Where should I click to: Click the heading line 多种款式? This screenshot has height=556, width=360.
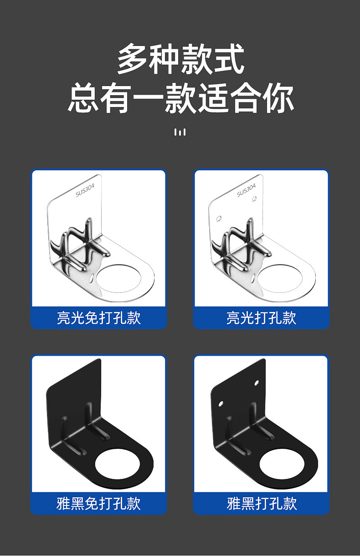click(x=180, y=59)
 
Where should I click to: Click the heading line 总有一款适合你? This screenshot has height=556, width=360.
click(x=180, y=97)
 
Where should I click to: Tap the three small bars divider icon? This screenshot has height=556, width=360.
click(x=180, y=132)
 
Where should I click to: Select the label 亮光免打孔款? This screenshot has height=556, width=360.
click(x=98, y=317)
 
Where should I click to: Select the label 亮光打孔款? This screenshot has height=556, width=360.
click(x=261, y=317)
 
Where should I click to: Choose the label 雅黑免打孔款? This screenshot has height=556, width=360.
click(x=98, y=504)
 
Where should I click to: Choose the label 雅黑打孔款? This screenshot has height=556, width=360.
click(x=262, y=504)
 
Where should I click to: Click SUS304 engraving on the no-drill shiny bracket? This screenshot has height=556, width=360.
click(x=85, y=190)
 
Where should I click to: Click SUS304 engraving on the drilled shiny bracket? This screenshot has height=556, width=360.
click(x=246, y=190)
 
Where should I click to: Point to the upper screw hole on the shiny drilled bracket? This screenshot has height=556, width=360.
click(x=254, y=199)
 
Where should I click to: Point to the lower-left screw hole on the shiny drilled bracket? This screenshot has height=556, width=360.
click(x=219, y=219)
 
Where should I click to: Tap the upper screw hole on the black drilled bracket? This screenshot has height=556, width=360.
click(x=257, y=383)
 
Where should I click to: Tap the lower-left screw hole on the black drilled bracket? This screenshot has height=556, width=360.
click(x=221, y=404)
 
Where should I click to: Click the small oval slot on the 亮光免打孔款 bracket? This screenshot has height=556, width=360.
click(x=92, y=279)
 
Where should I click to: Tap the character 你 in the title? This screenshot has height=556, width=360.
click(x=279, y=97)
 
